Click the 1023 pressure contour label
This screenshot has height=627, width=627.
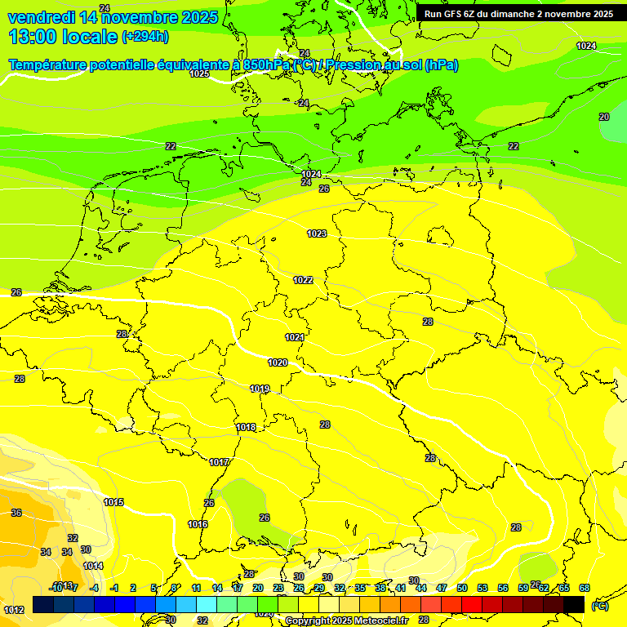[x=317, y=234]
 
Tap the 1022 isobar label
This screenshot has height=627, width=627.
[x=303, y=280]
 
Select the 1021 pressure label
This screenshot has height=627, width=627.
[x=295, y=337]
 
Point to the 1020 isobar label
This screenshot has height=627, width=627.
[x=278, y=362]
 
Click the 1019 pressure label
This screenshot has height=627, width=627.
[x=260, y=389]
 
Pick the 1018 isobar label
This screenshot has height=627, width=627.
[x=246, y=427]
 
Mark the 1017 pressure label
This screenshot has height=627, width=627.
[x=219, y=462]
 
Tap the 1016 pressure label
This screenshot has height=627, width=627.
[x=198, y=524]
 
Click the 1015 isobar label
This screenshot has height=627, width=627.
[x=113, y=502]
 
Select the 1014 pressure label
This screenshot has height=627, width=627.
[x=93, y=566]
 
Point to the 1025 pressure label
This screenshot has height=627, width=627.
[x=199, y=73]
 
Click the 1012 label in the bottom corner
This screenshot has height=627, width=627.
[x=13, y=610]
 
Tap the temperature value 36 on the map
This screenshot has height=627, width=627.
[x=16, y=513]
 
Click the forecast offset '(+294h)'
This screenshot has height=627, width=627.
[x=145, y=37]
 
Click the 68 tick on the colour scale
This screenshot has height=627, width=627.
[x=585, y=588]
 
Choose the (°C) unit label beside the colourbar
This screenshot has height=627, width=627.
[x=599, y=605]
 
